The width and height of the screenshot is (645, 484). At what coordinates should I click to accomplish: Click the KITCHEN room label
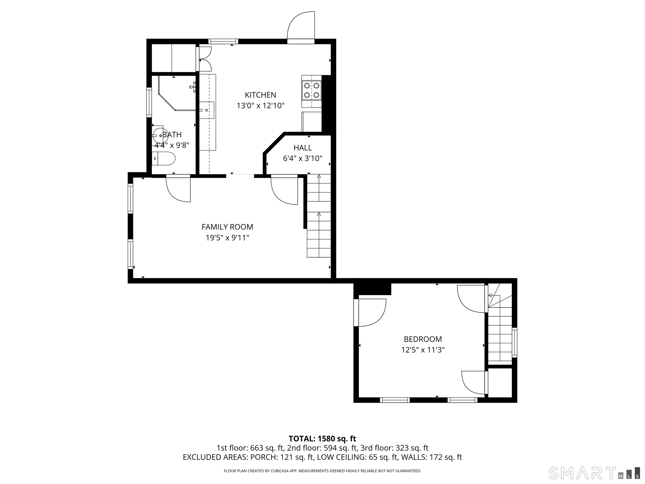point(260,95)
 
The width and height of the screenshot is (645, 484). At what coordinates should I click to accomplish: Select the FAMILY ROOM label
point(227,227)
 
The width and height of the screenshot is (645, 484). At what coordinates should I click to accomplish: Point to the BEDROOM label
point(423,339)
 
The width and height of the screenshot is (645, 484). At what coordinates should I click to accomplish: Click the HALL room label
point(303,148)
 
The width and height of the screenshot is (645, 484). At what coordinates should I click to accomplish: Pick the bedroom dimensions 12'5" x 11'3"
point(423,350)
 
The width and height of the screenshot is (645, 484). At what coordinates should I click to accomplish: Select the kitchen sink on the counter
point(207,110)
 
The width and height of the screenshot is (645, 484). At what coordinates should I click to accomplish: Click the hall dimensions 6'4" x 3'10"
point(303,158)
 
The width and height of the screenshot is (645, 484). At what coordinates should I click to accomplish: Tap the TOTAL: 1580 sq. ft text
point(322,447)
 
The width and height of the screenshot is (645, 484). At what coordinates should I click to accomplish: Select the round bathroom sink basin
point(160,136)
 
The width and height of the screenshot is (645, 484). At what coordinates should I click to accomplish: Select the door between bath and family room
point(178,188)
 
